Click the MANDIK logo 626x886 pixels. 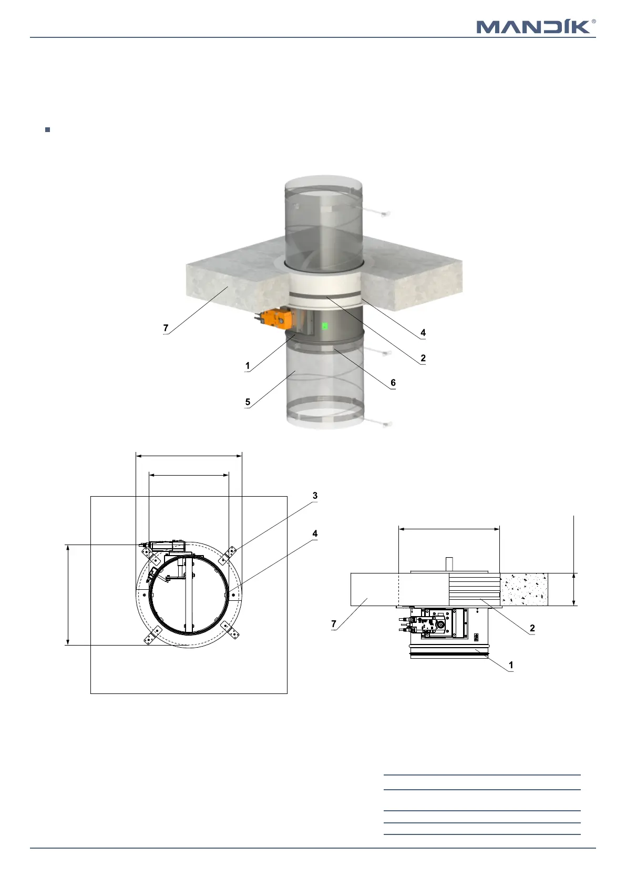[x=533, y=27]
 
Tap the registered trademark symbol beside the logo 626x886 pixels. [x=593, y=22]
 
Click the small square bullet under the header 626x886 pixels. [x=48, y=129]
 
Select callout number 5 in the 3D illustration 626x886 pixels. [x=248, y=402]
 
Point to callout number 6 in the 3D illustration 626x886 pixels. [x=393, y=382]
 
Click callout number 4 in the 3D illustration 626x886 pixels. [x=423, y=333]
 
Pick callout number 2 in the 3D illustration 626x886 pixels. [x=423, y=358]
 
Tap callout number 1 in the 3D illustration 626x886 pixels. [x=248, y=366]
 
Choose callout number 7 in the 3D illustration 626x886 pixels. [x=166, y=328]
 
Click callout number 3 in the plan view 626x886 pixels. [x=315, y=496]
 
